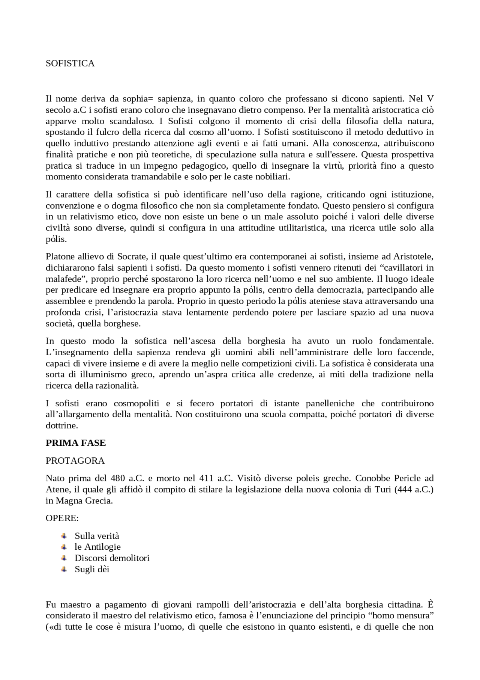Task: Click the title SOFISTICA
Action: pos(70,63)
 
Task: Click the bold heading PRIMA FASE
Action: pos(76,443)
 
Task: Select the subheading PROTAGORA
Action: pos(75,461)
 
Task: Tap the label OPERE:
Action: pos(62,518)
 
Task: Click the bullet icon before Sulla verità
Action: pos(64,536)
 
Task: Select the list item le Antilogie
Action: pos(97,547)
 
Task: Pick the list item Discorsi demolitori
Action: pos(112,558)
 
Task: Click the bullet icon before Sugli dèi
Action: pos(64,569)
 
